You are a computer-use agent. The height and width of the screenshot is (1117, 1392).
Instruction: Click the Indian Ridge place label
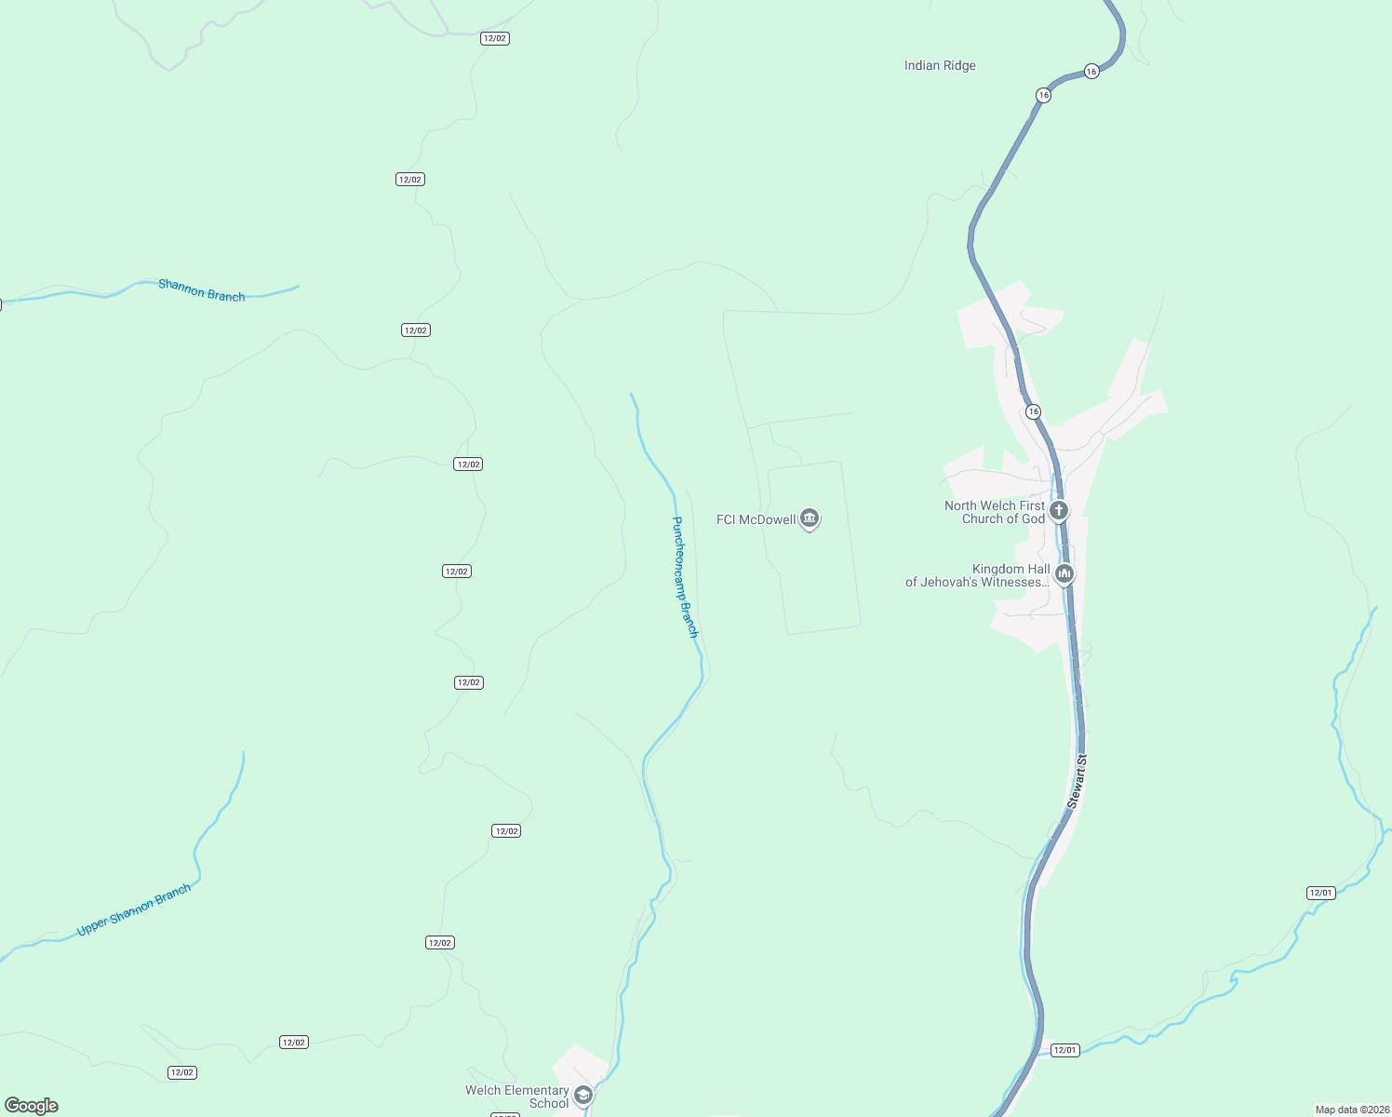tap(940, 66)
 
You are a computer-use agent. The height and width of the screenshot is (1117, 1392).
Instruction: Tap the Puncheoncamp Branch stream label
tap(685, 577)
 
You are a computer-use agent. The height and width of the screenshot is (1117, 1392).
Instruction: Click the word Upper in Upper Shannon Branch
tap(92, 926)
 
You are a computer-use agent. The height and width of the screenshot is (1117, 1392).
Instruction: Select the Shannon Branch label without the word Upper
tap(202, 290)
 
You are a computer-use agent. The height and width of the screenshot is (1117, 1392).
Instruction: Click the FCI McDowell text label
tap(756, 519)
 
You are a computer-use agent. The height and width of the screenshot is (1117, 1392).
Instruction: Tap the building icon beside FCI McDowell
tap(810, 518)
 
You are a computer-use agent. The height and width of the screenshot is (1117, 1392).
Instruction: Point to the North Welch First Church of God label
tap(995, 513)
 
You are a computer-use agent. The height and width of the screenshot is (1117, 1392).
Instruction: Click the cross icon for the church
tap(1058, 510)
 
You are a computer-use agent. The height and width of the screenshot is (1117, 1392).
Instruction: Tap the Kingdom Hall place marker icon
tap(1064, 573)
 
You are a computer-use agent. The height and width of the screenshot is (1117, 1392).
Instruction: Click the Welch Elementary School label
tap(517, 1097)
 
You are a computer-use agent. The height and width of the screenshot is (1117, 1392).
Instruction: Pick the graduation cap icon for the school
tap(583, 1095)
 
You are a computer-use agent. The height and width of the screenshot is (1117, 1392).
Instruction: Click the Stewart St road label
tap(1077, 781)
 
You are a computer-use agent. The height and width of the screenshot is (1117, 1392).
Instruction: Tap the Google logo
tap(32, 1106)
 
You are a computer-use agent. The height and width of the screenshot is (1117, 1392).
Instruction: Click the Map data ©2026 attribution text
tap(1350, 1110)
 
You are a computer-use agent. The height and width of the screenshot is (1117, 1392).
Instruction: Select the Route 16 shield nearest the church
tap(1033, 411)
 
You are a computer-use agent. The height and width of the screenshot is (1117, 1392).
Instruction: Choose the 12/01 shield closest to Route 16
tap(1064, 1050)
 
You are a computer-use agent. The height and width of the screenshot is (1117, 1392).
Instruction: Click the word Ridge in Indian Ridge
tap(958, 66)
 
